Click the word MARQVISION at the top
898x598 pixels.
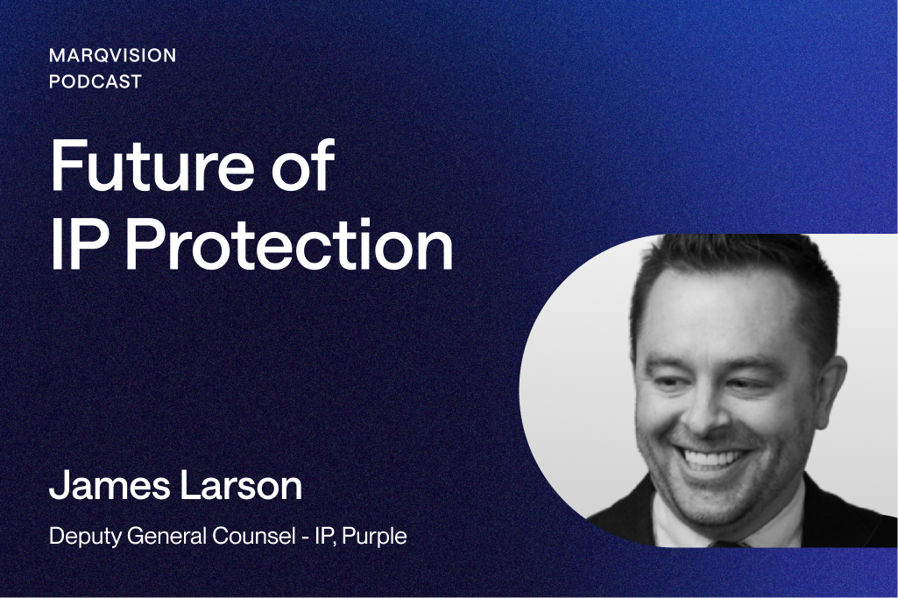[x=112, y=55]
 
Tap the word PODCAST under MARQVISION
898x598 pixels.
[x=95, y=81]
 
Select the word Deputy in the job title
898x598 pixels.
[x=82, y=537]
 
